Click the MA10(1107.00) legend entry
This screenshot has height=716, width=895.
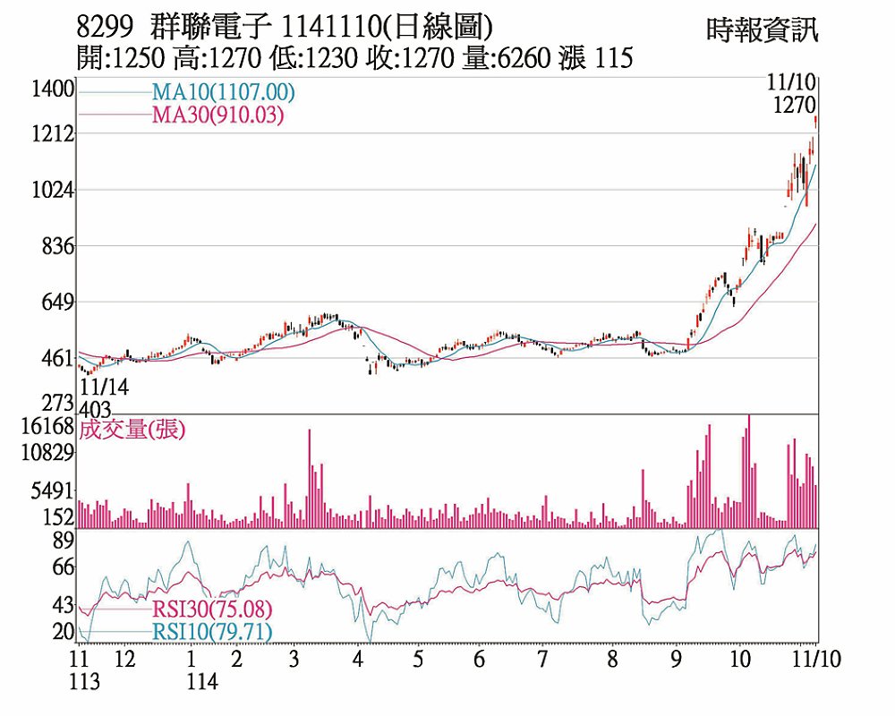[223, 92]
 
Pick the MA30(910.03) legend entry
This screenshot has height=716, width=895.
[217, 115]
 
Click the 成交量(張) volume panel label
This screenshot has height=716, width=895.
[132, 430]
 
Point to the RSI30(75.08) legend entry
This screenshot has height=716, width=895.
[211, 609]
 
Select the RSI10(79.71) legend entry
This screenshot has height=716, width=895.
[211, 632]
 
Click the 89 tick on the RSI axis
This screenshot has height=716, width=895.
[63, 540]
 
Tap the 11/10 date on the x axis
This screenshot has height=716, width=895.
[819, 659]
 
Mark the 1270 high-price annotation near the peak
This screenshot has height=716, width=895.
[794, 105]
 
